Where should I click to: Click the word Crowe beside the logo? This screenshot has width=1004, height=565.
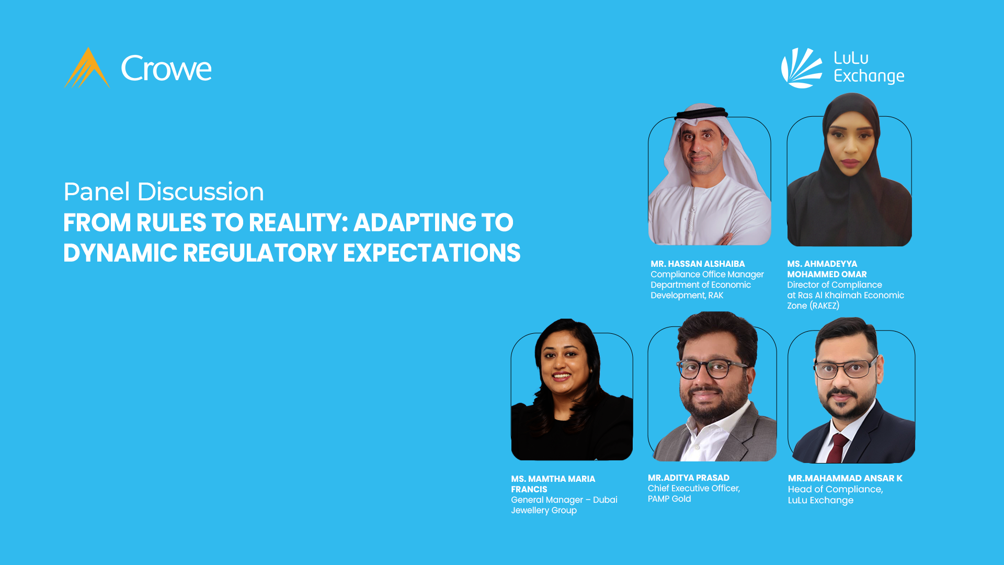(x=166, y=69)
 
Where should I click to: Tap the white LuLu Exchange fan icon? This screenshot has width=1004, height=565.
(x=801, y=68)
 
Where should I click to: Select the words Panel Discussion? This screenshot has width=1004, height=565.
(x=164, y=191)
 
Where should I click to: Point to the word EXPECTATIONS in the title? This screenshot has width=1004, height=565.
(x=431, y=253)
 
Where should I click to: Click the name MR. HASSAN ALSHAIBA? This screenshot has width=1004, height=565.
(x=698, y=264)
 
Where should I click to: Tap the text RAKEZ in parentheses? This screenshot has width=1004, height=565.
(x=824, y=306)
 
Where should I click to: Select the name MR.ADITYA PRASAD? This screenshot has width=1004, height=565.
(x=688, y=478)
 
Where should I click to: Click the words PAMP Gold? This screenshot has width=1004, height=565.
(x=669, y=499)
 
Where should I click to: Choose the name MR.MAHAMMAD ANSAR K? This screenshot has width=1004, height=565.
(x=845, y=479)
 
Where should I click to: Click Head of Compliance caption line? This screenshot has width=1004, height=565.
(x=835, y=490)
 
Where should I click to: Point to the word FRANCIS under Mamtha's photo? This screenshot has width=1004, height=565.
(x=529, y=490)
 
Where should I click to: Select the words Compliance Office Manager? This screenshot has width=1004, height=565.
(x=707, y=275)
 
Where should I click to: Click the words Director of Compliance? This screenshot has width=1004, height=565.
(x=835, y=285)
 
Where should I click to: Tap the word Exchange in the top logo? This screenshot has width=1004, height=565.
(x=869, y=76)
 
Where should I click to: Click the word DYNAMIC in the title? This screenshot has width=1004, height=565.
(x=120, y=253)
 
